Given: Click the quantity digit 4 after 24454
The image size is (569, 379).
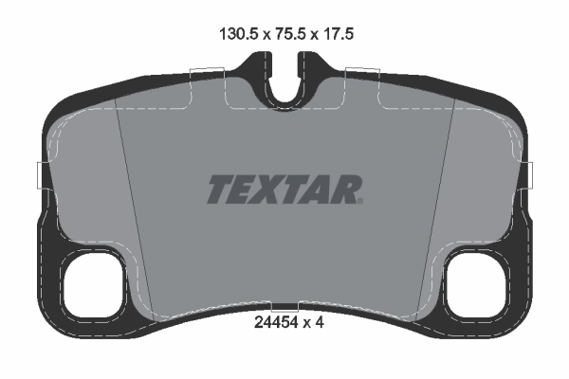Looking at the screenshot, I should tap(321, 322).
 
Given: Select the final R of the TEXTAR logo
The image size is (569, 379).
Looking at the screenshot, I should tap(345, 189).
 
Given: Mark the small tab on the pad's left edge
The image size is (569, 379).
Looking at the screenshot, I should tap(40, 174).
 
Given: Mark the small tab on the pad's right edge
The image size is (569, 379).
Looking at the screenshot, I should tap(529, 174).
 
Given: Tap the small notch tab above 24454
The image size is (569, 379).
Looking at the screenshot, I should tap(284, 307).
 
